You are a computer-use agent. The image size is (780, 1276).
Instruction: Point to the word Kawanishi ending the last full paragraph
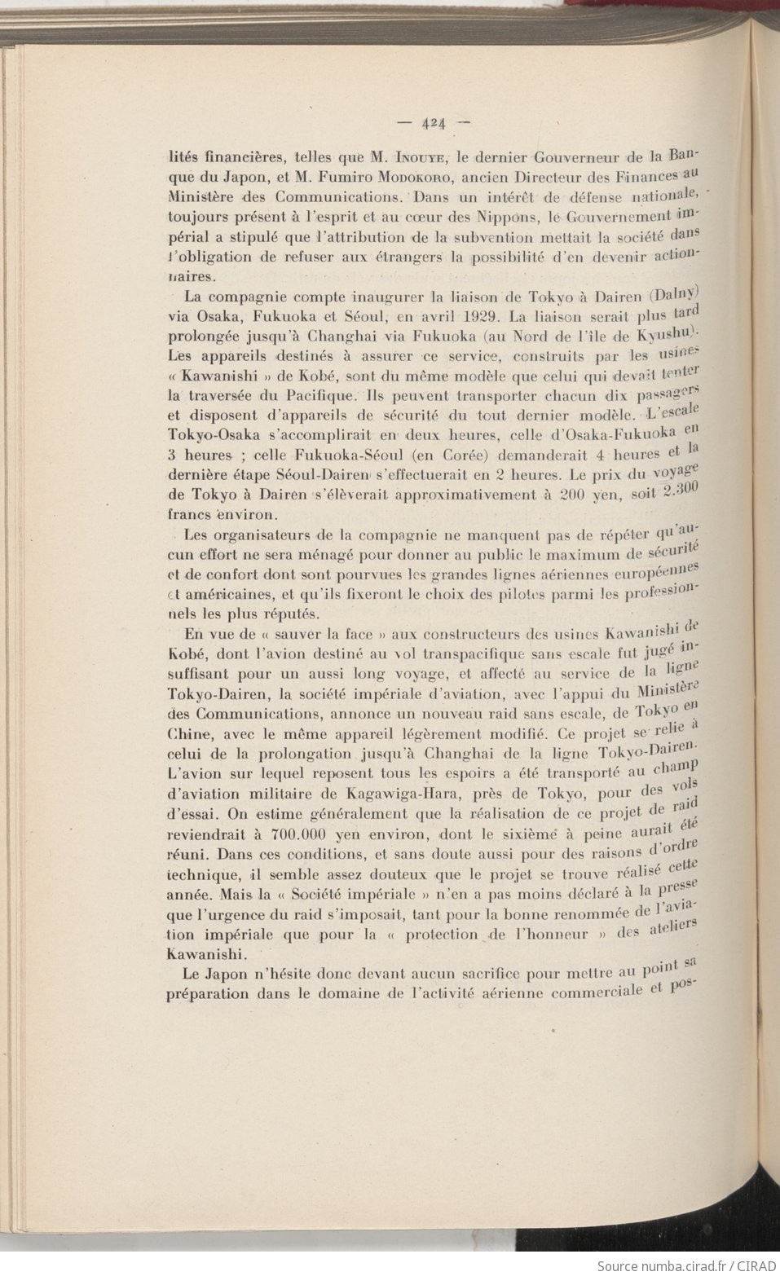tap(203, 953)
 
